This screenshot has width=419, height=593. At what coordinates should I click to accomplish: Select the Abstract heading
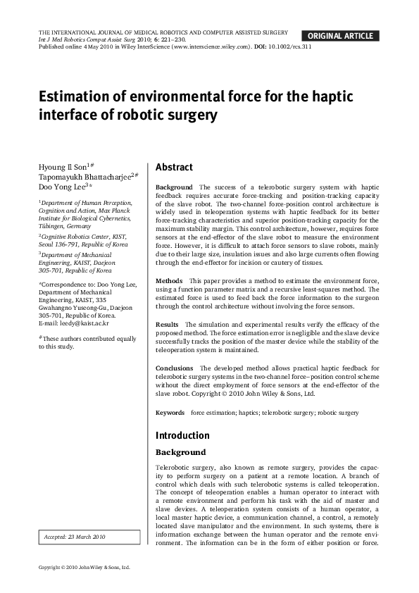pyautogui.click(x=174, y=168)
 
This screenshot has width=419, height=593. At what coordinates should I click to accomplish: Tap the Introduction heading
pyautogui.click(x=182, y=435)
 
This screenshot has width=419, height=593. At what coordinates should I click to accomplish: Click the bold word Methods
pyautogui.click(x=169, y=280)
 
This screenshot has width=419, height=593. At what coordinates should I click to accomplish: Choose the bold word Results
pyautogui.click(x=168, y=324)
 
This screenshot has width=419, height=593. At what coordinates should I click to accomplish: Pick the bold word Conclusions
pyautogui.click(x=174, y=368)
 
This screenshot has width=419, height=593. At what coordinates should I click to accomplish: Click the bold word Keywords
pyautogui.click(x=170, y=412)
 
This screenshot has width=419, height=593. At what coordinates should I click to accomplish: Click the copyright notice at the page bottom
pyautogui.click(x=84, y=567)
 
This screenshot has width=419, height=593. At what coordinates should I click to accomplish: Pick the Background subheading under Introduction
pyautogui.click(x=180, y=452)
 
